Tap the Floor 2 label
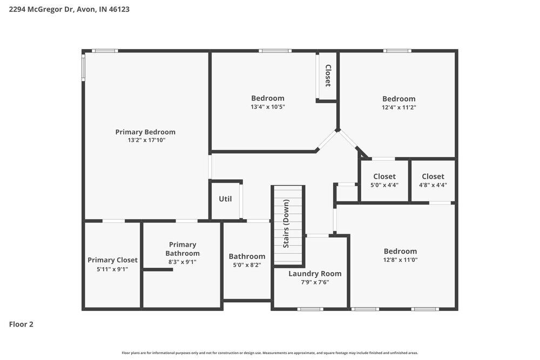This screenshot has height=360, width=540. (x=21, y=324)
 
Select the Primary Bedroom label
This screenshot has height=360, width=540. (x=145, y=132)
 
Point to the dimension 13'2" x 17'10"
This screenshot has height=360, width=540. (x=145, y=140)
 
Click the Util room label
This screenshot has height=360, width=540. (x=225, y=199)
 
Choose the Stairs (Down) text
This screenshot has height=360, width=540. (x=286, y=223)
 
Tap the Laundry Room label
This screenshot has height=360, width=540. (x=315, y=274)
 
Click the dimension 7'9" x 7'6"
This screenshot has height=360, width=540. (x=315, y=282)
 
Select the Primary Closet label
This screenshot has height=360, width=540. (x=112, y=260)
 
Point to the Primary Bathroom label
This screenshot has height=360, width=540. (x=183, y=249)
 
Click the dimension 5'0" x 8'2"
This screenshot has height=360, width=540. (x=247, y=265)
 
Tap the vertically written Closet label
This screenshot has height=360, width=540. (x=327, y=76)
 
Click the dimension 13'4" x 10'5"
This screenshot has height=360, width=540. (x=268, y=107)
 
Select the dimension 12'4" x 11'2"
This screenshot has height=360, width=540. (x=399, y=107)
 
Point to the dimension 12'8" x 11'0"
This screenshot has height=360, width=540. (x=401, y=260)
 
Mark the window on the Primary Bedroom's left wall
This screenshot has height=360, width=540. (x=83, y=66)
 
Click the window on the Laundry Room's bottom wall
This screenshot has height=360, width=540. (x=310, y=309)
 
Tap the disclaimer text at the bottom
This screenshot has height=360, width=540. (x=270, y=352)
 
